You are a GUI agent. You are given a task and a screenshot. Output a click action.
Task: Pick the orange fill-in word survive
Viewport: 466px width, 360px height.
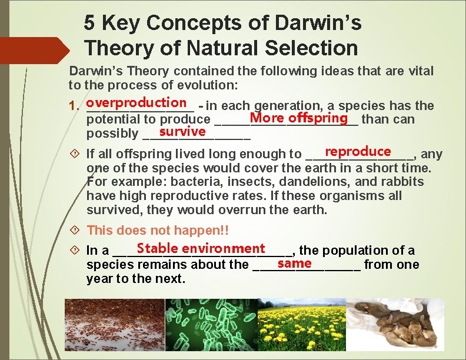click(182, 131)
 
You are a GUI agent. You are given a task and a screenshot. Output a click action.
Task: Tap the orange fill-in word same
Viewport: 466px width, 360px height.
click(294, 262)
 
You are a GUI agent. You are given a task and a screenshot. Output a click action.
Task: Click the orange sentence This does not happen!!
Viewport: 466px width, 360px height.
click(157, 231)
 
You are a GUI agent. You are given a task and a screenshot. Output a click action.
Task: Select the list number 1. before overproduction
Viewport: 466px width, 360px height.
click(75, 106)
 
